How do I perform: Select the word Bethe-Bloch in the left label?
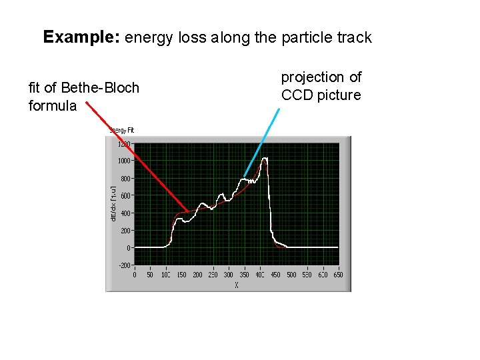[100, 88]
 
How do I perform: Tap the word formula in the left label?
[53, 106]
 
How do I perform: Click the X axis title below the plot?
[236, 285]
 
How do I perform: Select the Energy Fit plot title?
[122, 130]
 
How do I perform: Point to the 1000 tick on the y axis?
[124, 161]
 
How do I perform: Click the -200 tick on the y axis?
[125, 265]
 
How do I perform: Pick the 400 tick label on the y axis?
[125, 213]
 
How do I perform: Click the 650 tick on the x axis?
[338, 274]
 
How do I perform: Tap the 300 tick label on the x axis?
[229, 274]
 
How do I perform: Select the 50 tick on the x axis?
[150, 274]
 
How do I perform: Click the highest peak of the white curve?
[265, 159]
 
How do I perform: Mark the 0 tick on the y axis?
[129, 247]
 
